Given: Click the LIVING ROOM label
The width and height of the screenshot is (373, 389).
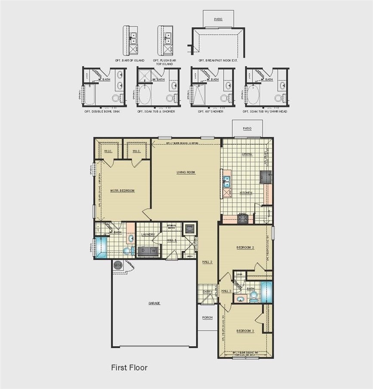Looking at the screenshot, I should tap(186, 172).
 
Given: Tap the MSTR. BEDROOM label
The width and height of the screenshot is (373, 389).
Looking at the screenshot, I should tap(122, 191).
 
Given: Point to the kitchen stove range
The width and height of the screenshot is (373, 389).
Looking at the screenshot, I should tap(243, 219).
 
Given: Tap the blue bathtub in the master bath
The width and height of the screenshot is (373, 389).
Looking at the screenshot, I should tap(102, 248).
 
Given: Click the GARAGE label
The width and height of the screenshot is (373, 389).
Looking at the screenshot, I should tap(154, 303).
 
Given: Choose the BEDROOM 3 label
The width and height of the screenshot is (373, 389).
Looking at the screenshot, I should tap(245, 331).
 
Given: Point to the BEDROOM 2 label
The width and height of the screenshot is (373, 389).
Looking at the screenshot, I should tap(245, 247).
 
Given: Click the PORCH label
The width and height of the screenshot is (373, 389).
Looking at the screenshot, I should tap(207, 317).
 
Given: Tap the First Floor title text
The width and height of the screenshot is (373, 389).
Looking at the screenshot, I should tap(129, 368).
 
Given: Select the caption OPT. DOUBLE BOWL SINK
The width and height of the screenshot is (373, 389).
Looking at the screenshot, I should tap(102, 112).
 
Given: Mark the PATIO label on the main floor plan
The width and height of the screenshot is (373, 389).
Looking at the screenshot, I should tap(247, 128).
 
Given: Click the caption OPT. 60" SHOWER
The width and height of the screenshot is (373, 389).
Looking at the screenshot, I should tap(211, 112).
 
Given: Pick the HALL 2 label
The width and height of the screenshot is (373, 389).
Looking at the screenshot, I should tap(207, 261).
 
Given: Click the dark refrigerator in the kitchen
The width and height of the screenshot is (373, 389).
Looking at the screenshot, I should tap(265, 176).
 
